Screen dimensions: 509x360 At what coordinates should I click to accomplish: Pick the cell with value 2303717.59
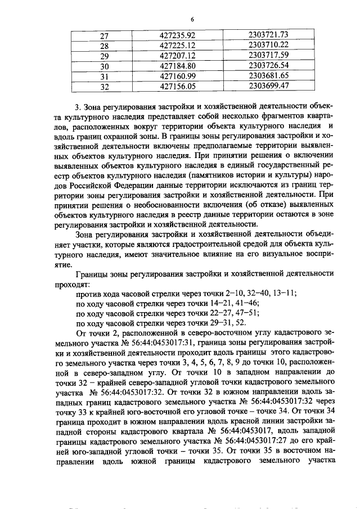pyautogui.click(x=268, y=56)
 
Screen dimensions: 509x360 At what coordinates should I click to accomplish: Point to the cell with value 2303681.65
pyautogui.click(x=268, y=76)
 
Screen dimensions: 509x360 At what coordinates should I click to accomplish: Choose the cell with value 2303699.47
pyautogui.click(x=268, y=86)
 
